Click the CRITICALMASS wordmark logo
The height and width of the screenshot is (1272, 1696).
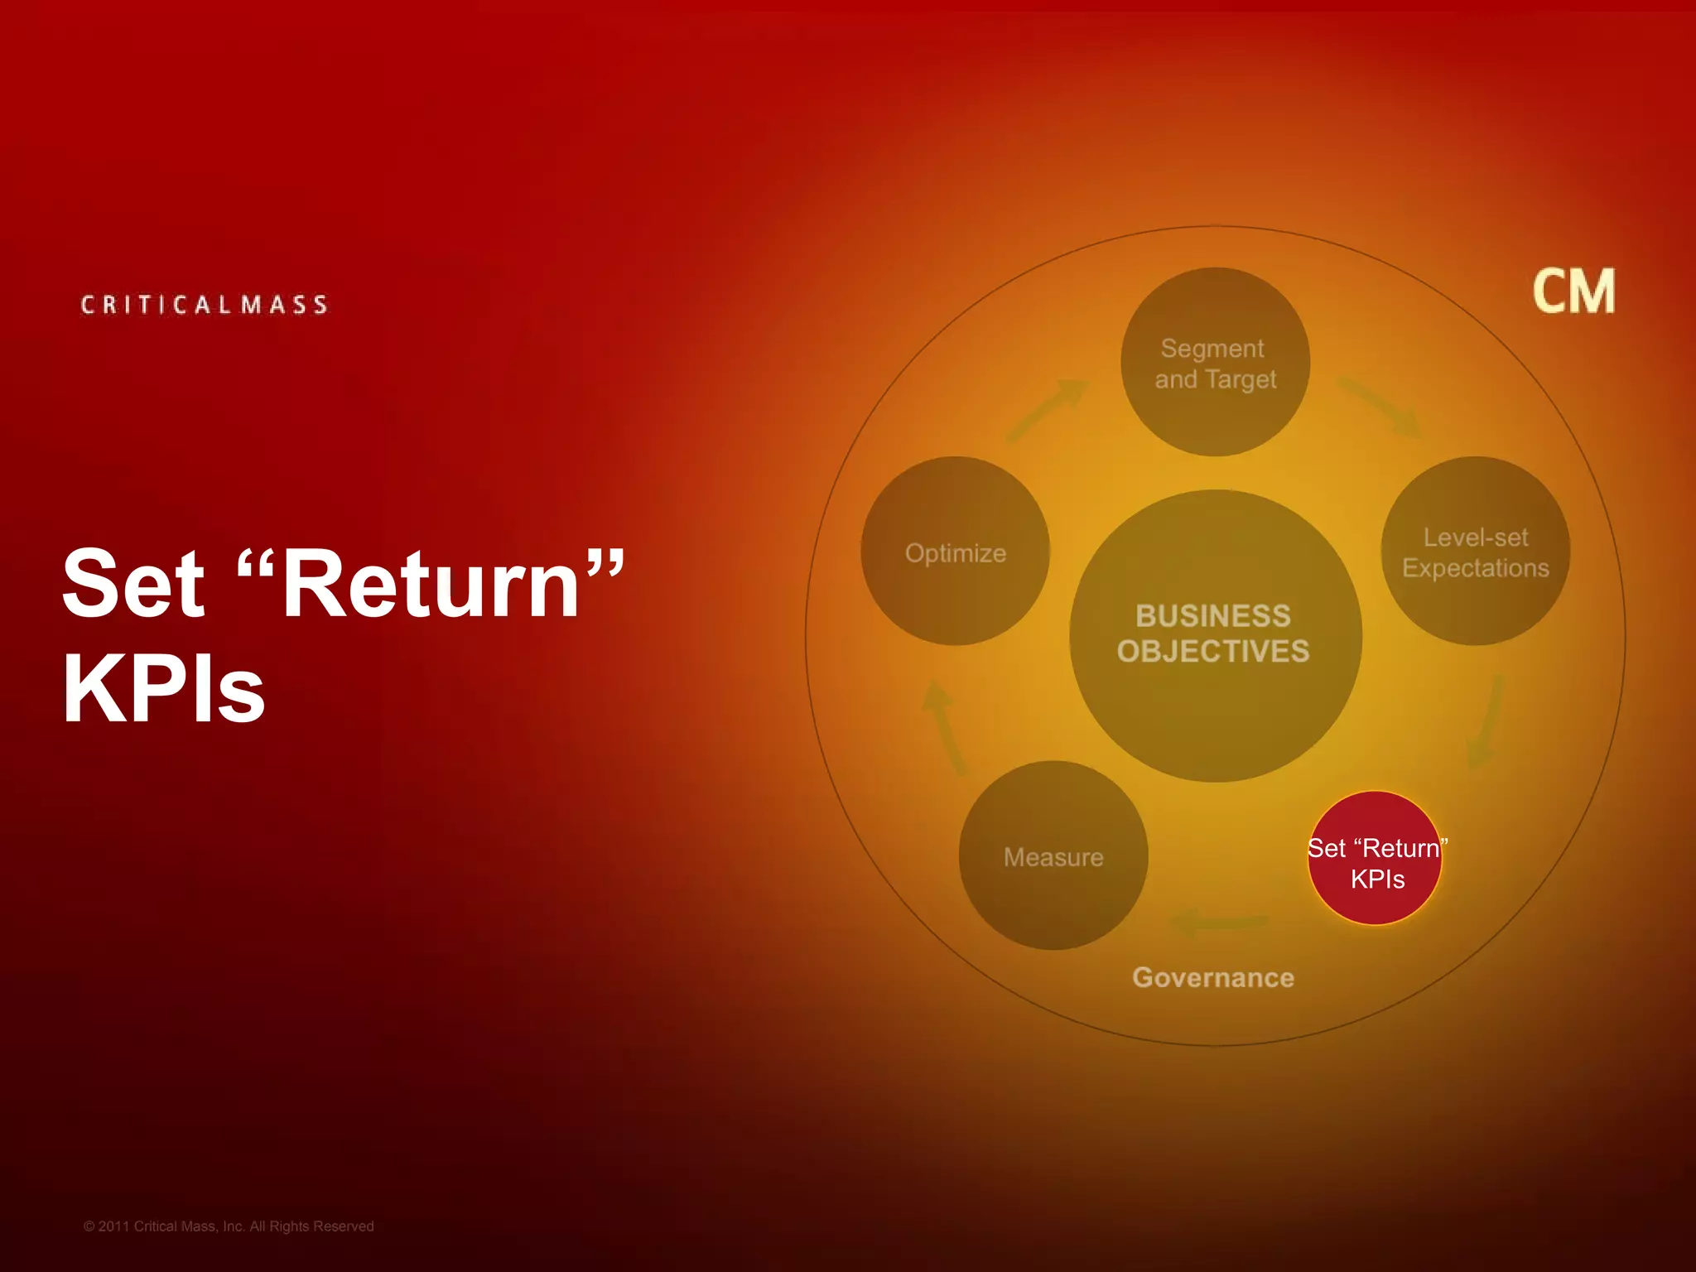point(204,305)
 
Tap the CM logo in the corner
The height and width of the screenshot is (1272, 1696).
point(1573,291)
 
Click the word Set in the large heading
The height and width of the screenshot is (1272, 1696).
point(133,584)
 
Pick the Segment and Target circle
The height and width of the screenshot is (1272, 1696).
point(1215,362)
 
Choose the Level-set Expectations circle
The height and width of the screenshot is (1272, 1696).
point(1475,551)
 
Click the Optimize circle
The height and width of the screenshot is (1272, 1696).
point(955,551)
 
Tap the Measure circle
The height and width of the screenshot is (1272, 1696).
point(1053,855)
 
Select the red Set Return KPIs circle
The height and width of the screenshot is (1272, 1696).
point(1375,859)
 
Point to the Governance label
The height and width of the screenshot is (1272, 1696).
point(1213,977)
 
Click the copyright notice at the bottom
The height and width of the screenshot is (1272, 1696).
point(229,1226)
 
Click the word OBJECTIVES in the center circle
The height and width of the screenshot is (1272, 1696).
point(1213,652)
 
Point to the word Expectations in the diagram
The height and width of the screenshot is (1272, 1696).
point(1475,568)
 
